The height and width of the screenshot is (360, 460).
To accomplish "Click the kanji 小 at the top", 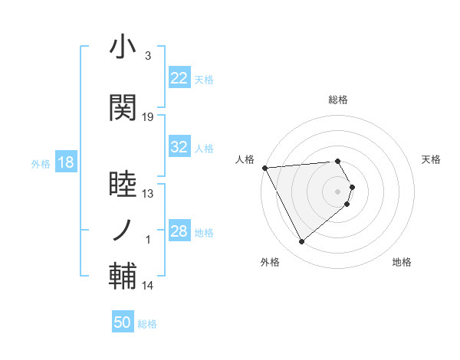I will click(x=123, y=47).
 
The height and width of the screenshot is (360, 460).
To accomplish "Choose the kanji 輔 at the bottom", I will click(x=123, y=277).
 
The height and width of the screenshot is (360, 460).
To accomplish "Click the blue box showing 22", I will click(x=179, y=79).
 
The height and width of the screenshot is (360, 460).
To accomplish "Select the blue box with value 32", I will click(x=179, y=148).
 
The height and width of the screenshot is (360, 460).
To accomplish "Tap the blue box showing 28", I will click(x=179, y=232).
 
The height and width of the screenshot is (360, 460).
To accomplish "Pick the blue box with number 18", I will click(x=65, y=163).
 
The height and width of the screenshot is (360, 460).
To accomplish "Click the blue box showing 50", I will click(x=123, y=323).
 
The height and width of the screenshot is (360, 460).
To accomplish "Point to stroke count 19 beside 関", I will click(x=148, y=117).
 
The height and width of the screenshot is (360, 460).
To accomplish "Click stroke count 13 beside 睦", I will click(x=148, y=194).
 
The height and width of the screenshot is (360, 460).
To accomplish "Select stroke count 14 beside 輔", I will click(x=148, y=286).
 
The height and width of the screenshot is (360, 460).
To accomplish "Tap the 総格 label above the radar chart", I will click(x=338, y=100).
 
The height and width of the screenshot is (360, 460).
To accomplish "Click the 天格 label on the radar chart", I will click(x=431, y=159).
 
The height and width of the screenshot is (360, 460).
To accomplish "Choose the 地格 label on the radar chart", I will click(x=402, y=262).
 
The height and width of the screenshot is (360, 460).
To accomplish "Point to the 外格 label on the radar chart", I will click(x=270, y=262).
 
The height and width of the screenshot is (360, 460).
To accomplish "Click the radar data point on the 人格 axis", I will click(x=264, y=167).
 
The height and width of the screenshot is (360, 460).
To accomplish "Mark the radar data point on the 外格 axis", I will click(x=301, y=242).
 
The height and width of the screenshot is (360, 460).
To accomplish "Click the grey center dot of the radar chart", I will click(x=338, y=191).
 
